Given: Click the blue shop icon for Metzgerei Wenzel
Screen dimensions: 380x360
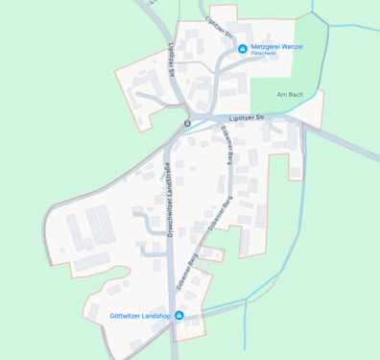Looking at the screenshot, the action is click(242, 46).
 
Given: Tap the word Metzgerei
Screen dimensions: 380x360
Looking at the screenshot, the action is click(270, 46).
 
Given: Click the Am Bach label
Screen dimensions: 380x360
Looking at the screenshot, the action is click(289, 94).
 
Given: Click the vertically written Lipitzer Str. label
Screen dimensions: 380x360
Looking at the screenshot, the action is click(173, 58).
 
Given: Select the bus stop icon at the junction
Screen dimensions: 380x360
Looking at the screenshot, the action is click(187, 123).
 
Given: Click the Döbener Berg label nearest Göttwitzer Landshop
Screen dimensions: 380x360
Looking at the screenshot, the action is click(187, 272).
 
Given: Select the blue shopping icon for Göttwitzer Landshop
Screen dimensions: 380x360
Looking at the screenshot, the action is click(178, 316).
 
